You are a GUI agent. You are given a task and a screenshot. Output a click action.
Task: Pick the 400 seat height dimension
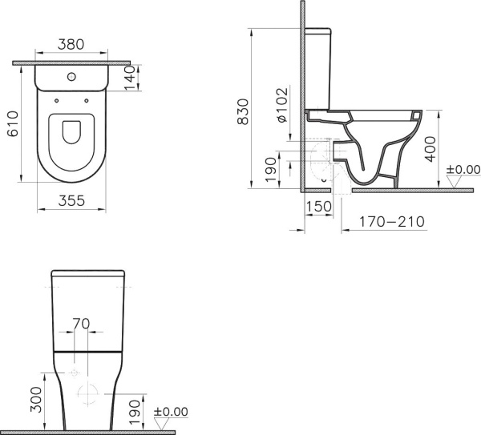[x=430, y=148]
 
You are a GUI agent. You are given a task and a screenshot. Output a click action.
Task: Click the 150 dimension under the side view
[x=317, y=207]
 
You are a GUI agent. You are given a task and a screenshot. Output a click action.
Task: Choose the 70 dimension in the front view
[x=80, y=323]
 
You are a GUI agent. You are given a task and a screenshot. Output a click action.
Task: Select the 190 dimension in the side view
[x=270, y=167]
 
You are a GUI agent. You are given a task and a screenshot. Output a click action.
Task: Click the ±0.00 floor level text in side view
[x=463, y=169]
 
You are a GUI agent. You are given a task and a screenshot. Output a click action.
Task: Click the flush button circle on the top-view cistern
[x=73, y=79]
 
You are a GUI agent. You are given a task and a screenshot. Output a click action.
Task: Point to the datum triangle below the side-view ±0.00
[x=455, y=183]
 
